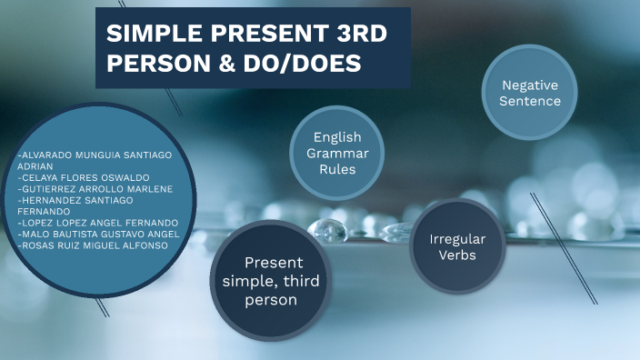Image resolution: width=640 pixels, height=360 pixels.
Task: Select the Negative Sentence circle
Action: (x=530, y=93)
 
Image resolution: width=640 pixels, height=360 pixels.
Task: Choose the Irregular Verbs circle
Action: (x=457, y=246)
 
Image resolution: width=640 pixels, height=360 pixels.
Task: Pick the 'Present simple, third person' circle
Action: (x=271, y=281)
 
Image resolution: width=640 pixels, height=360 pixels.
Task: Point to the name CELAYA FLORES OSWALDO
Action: (x=85, y=177)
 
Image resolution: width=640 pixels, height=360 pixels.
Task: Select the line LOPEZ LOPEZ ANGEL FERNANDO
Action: (x=99, y=223)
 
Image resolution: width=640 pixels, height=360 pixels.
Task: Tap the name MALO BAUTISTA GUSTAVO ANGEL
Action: (x=100, y=234)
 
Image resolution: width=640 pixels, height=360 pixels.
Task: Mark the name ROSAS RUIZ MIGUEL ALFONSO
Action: (x=95, y=245)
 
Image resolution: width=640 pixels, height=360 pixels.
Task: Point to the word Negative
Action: (x=530, y=85)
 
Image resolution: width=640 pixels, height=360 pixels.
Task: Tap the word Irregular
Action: (x=457, y=238)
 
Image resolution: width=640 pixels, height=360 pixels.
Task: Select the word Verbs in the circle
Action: (x=457, y=255)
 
